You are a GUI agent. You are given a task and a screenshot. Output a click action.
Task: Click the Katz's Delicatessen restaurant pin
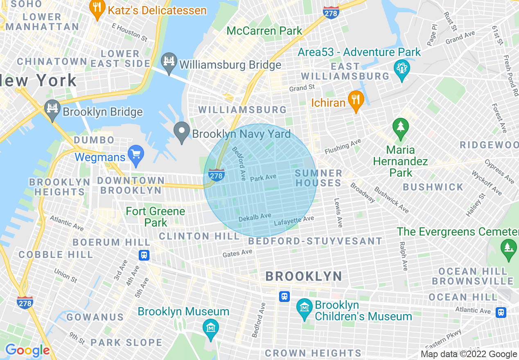click(x=97, y=10)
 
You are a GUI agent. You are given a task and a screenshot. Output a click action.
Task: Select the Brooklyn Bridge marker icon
click(x=52, y=110)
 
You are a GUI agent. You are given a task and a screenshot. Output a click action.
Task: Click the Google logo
click(x=27, y=350)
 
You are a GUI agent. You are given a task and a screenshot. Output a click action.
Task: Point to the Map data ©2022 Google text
click(x=469, y=354)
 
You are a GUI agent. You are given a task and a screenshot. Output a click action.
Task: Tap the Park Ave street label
click(x=263, y=178)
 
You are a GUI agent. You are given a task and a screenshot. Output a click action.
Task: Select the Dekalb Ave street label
click(x=255, y=217)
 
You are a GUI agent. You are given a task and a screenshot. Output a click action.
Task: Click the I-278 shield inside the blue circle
click(x=216, y=175)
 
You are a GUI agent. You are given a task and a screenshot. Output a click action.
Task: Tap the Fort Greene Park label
click(x=156, y=217)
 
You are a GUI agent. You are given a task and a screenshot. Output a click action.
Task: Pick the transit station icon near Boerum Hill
click(x=144, y=255)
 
